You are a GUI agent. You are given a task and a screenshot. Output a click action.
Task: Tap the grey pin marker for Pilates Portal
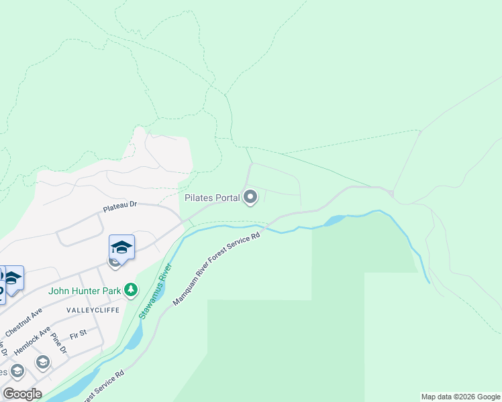point(250,197)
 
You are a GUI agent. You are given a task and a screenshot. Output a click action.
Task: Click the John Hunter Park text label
point(84,291)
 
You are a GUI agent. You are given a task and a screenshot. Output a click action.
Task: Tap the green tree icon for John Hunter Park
point(131,290)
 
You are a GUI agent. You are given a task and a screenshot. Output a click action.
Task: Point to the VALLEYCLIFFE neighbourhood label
point(93,311)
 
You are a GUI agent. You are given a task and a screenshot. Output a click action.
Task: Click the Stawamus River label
point(155,289)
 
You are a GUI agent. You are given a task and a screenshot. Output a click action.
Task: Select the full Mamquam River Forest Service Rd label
point(216,269)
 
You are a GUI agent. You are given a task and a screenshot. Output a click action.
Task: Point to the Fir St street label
point(79,333)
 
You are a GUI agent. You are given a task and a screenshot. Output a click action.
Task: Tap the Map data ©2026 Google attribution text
point(460,397)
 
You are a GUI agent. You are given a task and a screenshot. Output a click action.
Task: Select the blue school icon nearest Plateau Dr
point(121,247)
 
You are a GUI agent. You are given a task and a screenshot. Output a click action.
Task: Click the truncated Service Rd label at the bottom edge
point(101,385)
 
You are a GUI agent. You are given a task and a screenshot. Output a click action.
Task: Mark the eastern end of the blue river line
point(429,282)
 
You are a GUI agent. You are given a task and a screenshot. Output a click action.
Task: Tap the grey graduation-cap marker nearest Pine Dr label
point(43,362)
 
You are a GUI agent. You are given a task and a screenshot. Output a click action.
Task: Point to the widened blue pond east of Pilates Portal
point(334,220)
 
